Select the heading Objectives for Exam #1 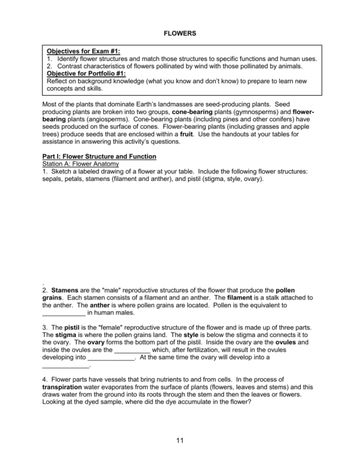[x=83, y=51]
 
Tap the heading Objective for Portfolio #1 [x=86, y=74]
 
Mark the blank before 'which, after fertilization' [x=132, y=350]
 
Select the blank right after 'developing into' [x=112, y=357]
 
